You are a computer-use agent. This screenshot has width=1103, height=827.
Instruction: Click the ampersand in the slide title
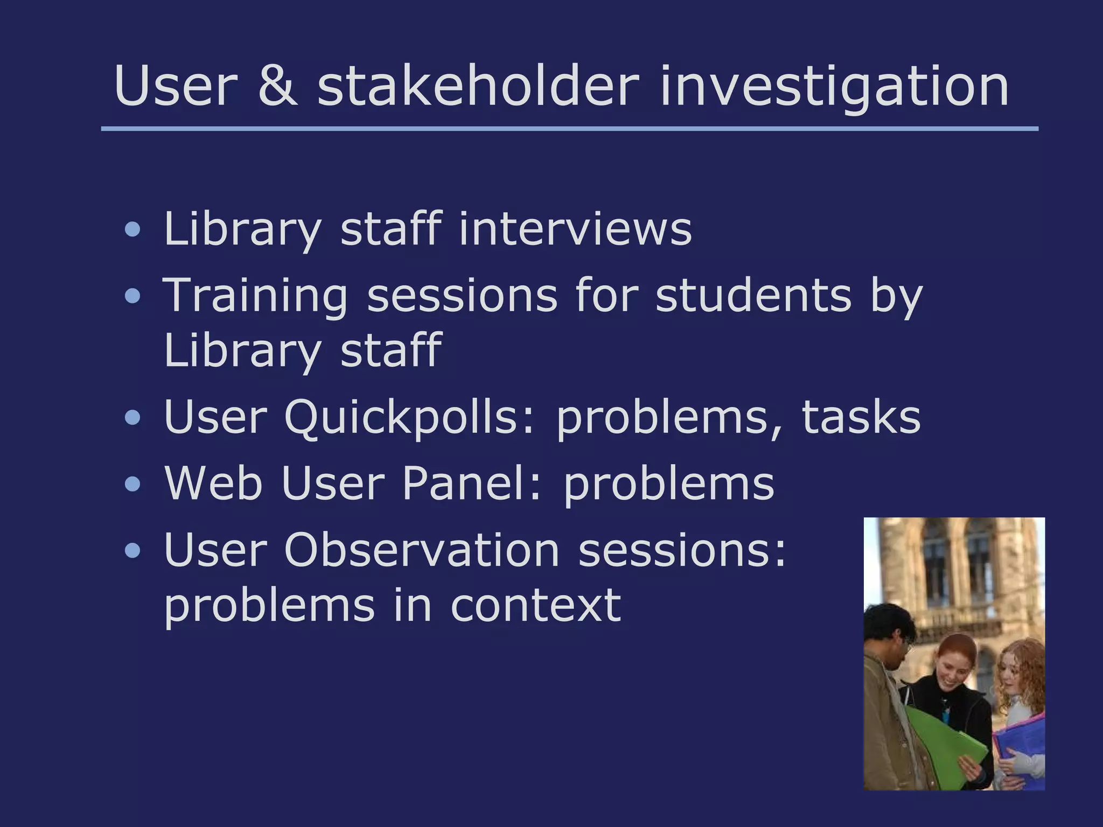tap(277, 86)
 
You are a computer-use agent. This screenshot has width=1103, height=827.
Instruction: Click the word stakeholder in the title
tap(478, 86)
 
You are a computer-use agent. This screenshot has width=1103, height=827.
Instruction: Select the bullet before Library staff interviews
tap(132, 230)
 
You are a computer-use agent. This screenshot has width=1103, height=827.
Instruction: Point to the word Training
tap(255, 296)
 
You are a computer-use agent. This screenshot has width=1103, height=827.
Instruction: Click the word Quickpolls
tap(409, 417)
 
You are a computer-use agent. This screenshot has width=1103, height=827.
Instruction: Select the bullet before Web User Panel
tap(132, 484)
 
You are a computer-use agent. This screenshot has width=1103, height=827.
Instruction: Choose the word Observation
tap(422, 550)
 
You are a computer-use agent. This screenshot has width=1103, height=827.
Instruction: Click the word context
tap(535, 605)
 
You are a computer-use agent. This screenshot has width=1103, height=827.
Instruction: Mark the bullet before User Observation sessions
tap(132, 551)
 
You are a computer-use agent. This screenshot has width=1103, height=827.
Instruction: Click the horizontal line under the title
tap(569, 129)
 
